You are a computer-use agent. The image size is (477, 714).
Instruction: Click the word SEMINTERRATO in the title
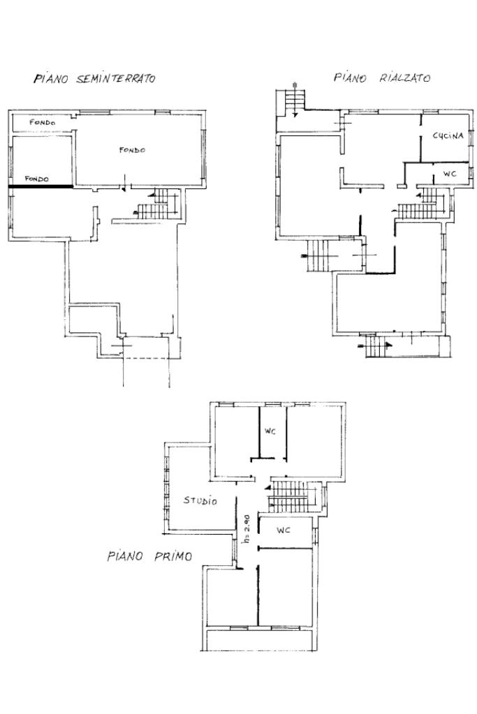point(116,79)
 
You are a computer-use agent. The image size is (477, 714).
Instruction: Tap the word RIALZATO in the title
point(405,78)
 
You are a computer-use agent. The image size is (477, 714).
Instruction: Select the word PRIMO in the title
point(173,556)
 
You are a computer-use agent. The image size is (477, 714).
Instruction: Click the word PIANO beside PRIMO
point(125,556)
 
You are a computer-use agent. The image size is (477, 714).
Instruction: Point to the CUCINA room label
point(448,135)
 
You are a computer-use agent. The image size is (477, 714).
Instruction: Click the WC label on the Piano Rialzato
point(450,174)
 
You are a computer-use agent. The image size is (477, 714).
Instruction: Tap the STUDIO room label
point(200,500)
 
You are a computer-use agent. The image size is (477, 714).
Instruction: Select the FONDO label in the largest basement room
point(132,150)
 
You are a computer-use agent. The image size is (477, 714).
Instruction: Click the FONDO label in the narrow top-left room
point(43,123)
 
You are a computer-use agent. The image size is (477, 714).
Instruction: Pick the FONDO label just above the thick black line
point(36,179)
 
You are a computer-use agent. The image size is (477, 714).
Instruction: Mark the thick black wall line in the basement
point(40,186)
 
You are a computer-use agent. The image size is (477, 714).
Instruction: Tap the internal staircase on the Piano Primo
point(291,496)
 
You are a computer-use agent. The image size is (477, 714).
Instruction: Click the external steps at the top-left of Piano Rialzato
point(295,100)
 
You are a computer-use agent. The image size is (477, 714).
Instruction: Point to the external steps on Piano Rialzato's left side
point(318,255)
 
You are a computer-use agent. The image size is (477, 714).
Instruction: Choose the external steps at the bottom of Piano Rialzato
point(376,346)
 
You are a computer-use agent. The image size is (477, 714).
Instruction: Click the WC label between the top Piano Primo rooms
point(270,431)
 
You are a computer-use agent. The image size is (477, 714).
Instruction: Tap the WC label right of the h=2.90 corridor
point(284,530)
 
